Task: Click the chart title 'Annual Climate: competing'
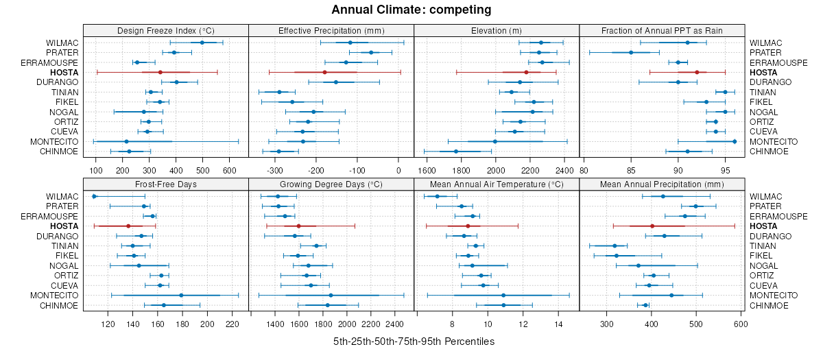[x=411, y=10]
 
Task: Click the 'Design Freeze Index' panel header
[x=165, y=30]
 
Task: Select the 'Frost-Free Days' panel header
[x=165, y=184]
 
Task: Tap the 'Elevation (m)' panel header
[x=497, y=30]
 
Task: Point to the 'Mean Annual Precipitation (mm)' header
[x=662, y=184]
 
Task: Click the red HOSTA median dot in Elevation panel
[x=526, y=72]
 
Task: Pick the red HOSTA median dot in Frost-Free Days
[x=128, y=226]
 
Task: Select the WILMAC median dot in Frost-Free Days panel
[x=95, y=197]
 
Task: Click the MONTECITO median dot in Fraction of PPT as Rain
[x=735, y=141]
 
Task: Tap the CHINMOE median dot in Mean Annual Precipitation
[x=645, y=305]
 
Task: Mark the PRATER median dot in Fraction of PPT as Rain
[x=631, y=53]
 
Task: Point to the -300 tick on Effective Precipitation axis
[x=275, y=170]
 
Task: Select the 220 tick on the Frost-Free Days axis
[x=232, y=324]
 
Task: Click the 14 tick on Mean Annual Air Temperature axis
[x=558, y=324]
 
